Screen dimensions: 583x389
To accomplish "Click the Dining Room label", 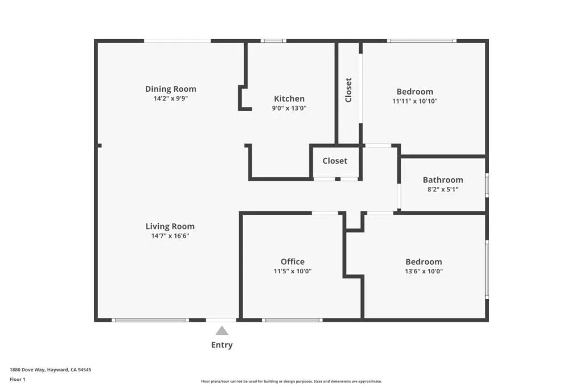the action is [171, 89].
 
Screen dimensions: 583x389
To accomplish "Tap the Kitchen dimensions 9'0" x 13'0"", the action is [289, 108].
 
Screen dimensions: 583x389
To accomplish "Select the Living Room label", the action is [170, 227].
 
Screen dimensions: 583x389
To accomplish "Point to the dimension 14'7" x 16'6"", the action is [170, 236].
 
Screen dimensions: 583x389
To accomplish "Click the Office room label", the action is [293, 261].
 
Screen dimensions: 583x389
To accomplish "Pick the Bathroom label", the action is [443, 180].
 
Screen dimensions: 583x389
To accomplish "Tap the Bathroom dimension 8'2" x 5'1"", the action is [443, 189].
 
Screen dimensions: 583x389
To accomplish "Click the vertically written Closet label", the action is [348, 90].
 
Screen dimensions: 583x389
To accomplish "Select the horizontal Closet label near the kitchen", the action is [335, 161].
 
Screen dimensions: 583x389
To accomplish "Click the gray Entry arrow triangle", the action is [222, 331].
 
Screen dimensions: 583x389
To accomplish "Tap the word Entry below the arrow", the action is [222, 345].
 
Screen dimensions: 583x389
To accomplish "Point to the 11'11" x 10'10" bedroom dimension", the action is [415, 101].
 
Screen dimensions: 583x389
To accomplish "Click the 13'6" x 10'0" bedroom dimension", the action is [424, 272].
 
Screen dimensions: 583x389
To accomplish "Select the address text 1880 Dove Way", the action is [27, 370].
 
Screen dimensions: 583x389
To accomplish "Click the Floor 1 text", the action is [18, 379].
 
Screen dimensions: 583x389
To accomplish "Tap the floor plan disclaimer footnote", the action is [291, 381].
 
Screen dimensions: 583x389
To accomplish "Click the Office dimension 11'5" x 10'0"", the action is [293, 272].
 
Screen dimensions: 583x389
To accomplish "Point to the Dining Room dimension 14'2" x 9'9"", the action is [171, 99].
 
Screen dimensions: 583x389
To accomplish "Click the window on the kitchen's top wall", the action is [273, 41].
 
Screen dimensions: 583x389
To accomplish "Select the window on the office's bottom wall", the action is [292, 320].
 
